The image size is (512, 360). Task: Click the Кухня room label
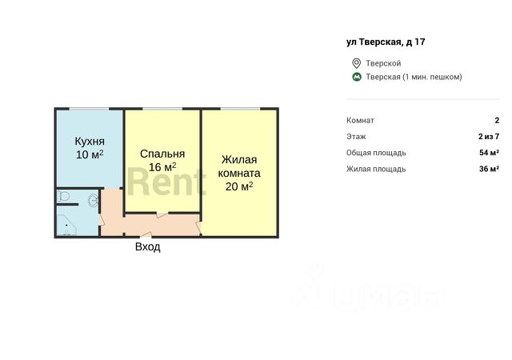[x=89, y=140]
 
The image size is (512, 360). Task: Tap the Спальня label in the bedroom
[x=162, y=154]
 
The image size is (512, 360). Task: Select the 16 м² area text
[x=162, y=167]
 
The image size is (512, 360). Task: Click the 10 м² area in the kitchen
[x=89, y=154]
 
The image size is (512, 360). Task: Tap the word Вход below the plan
[x=147, y=247]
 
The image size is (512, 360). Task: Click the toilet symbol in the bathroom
[x=64, y=197]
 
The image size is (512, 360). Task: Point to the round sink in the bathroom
[x=94, y=199]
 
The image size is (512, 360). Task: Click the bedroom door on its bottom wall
[x=162, y=213]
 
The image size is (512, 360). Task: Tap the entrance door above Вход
[x=145, y=235]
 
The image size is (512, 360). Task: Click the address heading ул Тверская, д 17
[x=380, y=42]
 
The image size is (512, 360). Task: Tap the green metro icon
[x=356, y=77]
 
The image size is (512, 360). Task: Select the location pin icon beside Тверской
[x=356, y=63]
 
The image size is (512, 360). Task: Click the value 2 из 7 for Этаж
[x=487, y=137]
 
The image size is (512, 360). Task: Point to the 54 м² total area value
[x=489, y=153]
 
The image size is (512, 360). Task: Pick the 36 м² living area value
[x=489, y=169]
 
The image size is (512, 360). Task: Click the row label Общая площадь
[x=376, y=153]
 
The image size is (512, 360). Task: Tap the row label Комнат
[x=361, y=120]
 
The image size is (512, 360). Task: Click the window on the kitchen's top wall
[x=89, y=108]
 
